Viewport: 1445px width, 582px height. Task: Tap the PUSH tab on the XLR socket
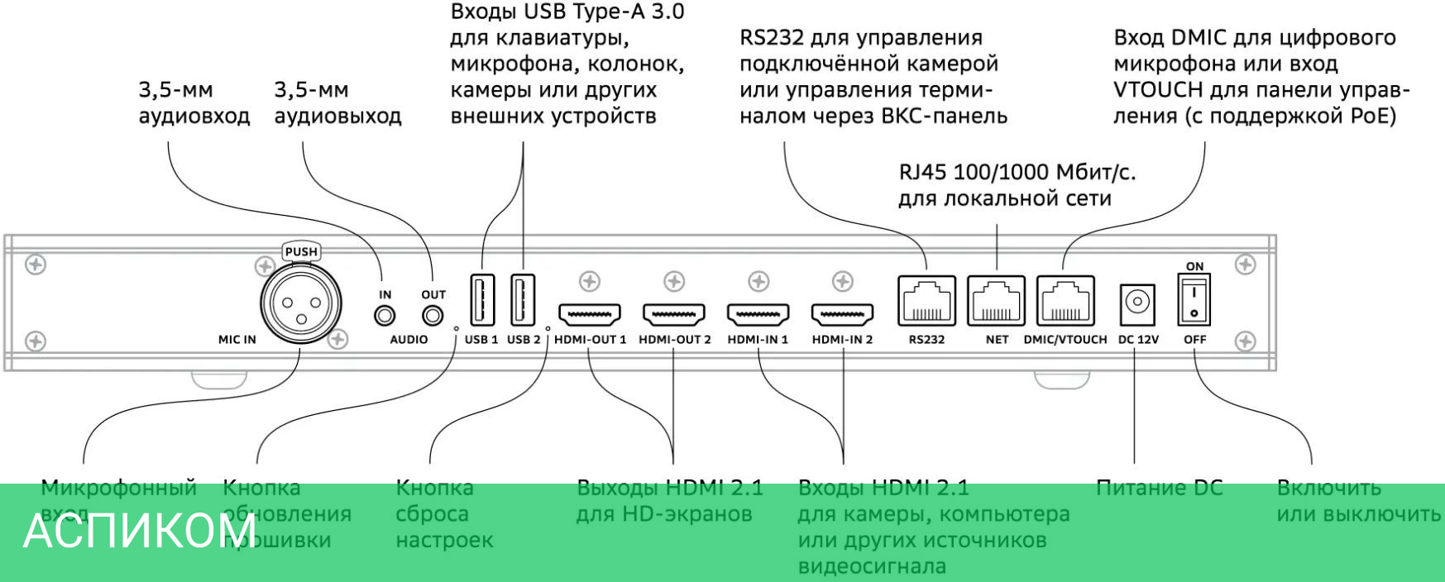pyautogui.click(x=301, y=251)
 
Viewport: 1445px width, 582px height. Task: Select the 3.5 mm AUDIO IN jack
pyautogui.click(x=385, y=316)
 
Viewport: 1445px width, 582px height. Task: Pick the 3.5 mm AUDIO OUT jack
pyautogui.click(x=433, y=316)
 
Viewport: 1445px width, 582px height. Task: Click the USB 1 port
pyautogui.click(x=481, y=299)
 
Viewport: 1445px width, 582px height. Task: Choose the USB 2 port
pyautogui.click(x=523, y=299)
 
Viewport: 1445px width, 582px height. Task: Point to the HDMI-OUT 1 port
pyautogui.click(x=590, y=314)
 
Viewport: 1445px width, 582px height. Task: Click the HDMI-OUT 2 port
pyautogui.click(x=674, y=314)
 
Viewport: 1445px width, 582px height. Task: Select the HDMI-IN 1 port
pyautogui.click(x=758, y=314)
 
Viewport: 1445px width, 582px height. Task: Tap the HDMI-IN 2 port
pyautogui.click(x=843, y=314)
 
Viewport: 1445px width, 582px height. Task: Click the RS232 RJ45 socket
pyautogui.click(x=926, y=301)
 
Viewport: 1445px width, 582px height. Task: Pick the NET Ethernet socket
pyautogui.click(x=997, y=301)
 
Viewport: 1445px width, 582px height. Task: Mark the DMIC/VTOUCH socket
pyautogui.click(x=1065, y=301)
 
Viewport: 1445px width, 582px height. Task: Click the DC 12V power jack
pyautogui.click(x=1138, y=303)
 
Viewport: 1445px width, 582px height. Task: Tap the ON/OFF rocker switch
pyautogui.click(x=1194, y=302)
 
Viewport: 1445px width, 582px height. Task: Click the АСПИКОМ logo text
pyautogui.click(x=140, y=531)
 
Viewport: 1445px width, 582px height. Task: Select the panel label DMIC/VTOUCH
pyautogui.click(x=1065, y=340)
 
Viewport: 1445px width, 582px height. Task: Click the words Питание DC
pyautogui.click(x=1159, y=488)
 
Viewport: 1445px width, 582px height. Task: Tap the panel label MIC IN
pyautogui.click(x=237, y=340)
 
